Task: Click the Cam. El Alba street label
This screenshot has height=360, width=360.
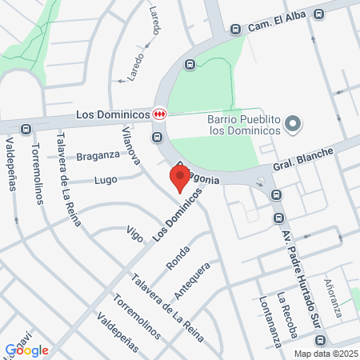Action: (x=278, y=22)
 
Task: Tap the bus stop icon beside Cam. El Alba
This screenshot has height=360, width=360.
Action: (x=235, y=29)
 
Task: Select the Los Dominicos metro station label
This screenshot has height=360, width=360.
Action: (x=114, y=114)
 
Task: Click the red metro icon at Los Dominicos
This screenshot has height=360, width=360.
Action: (x=161, y=114)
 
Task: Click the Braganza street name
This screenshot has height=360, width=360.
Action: (x=98, y=155)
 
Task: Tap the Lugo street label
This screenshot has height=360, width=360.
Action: (x=105, y=180)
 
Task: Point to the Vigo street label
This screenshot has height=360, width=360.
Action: (x=134, y=234)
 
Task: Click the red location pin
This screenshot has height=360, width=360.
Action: (x=178, y=178)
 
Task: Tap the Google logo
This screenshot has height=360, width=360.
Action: (x=27, y=350)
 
